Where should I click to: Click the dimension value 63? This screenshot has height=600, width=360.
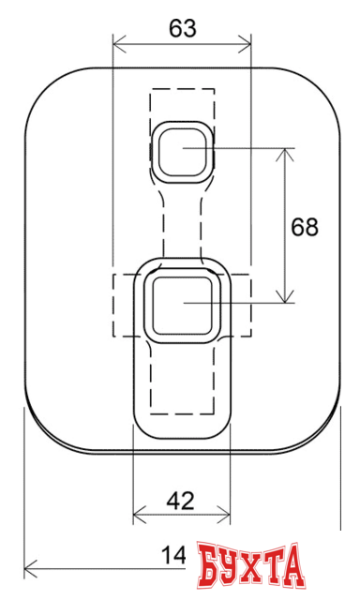point(183,28)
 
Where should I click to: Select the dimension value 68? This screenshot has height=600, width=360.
point(305,227)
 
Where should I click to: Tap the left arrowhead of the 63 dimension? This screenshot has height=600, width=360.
point(117,41)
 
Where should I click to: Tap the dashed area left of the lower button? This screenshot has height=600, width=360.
point(126,306)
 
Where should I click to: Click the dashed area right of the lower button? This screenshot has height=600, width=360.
point(241,306)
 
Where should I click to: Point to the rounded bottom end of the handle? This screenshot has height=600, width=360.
point(182,427)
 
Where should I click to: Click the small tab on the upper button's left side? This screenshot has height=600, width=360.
point(149,150)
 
